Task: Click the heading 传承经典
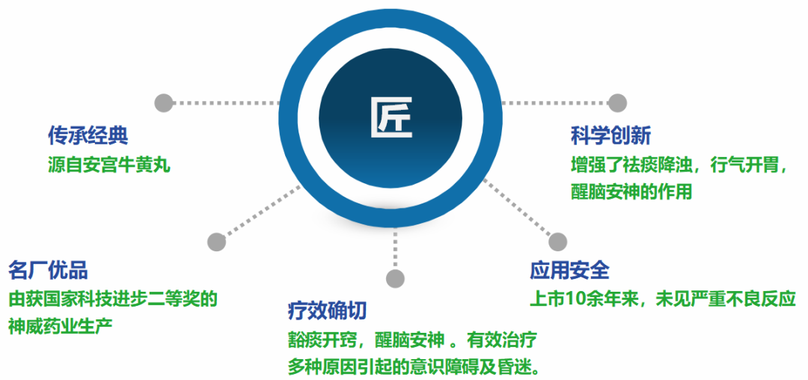88,135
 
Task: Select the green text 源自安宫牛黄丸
109,164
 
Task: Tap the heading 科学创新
610,135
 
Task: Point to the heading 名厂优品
48,269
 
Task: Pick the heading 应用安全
569,269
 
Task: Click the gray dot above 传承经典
163,102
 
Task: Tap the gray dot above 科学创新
616,102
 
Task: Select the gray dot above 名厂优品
216,242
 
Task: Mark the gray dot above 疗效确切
395,279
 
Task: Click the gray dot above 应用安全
557,241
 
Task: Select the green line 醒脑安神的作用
631,191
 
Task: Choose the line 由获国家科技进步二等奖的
113,298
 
